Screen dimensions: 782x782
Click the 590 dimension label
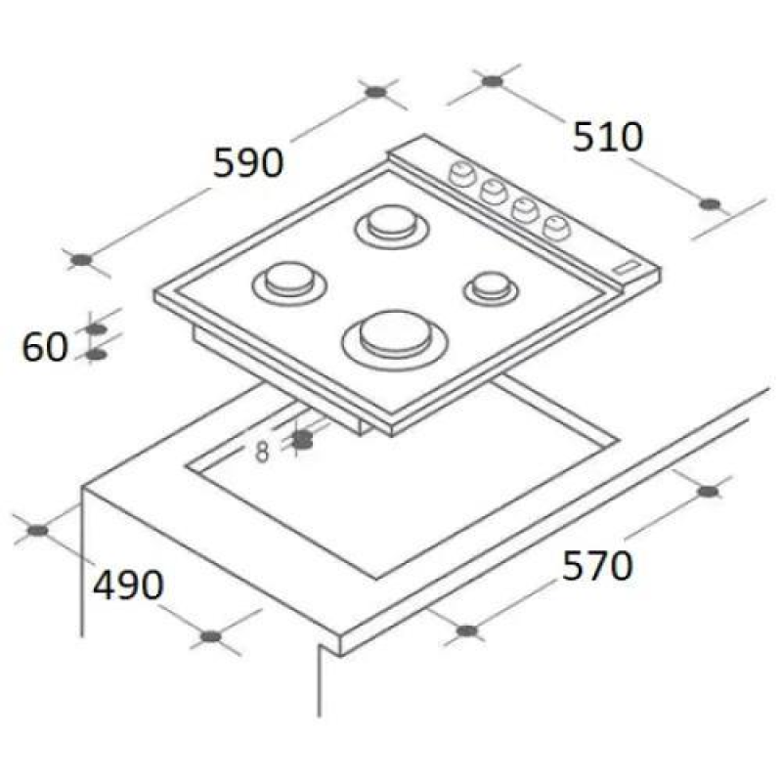click(x=248, y=162)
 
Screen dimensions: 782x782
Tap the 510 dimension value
click(x=608, y=137)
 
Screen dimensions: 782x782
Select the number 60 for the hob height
click(x=45, y=346)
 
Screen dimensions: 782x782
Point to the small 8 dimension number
click(x=262, y=452)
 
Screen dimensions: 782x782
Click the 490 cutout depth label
click(x=128, y=585)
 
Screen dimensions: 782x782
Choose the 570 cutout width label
click(x=597, y=566)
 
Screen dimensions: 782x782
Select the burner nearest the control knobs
click(x=392, y=225)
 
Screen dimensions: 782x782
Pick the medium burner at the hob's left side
click(x=285, y=282)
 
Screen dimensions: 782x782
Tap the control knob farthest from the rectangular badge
click(x=458, y=175)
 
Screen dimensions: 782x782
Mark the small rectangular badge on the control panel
click(x=624, y=266)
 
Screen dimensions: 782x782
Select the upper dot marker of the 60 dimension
click(x=95, y=329)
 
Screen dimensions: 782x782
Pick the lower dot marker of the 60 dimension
click(x=95, y=354)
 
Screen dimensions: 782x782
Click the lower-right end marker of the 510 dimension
click(x=711, y=204)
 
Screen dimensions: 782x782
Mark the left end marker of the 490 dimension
click(x=37, y=531)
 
